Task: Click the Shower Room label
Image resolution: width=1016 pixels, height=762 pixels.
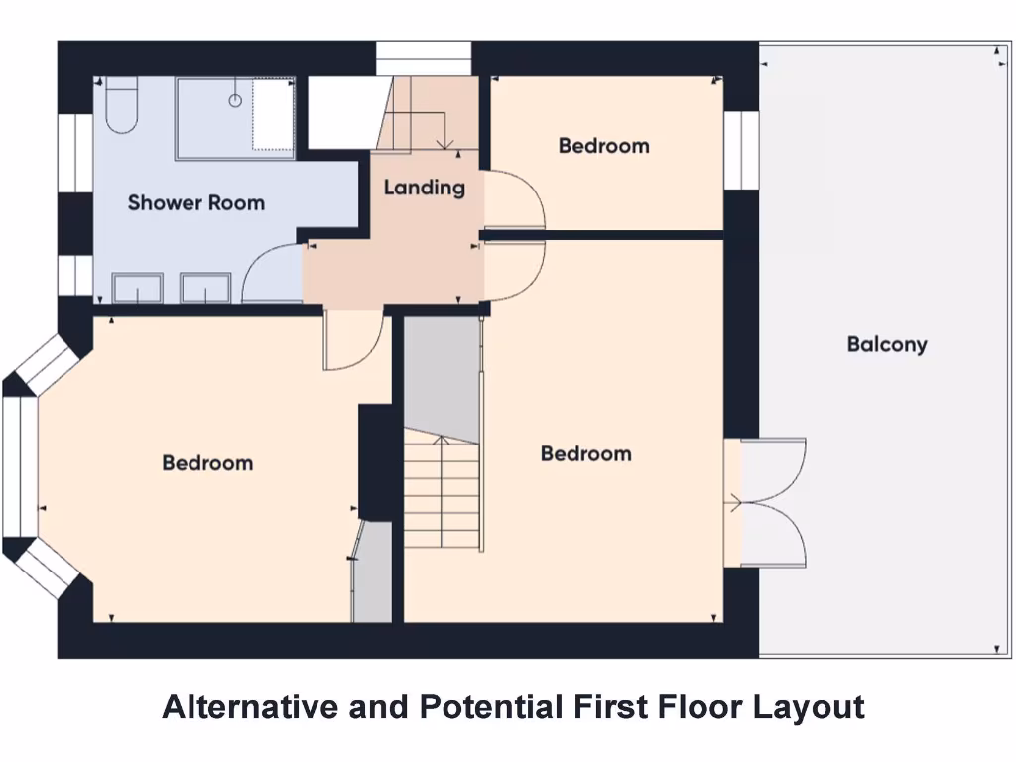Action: [195, 203]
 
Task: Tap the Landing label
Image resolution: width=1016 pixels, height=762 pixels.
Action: [424, 187]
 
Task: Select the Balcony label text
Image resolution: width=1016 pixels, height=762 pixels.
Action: [887, 345]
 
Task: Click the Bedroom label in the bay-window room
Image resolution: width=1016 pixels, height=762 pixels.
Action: [207, 463]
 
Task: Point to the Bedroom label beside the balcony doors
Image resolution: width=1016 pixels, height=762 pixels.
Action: [585, 453]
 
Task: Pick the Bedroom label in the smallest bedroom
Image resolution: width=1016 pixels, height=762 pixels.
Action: [603, 146]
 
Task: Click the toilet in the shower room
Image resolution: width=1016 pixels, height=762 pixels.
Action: [122, 108]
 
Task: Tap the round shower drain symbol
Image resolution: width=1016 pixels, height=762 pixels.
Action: [235, 100]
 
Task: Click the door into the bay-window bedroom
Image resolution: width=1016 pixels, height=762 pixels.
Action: [352, 342]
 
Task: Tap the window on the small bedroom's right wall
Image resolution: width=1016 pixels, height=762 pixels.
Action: [740, 150]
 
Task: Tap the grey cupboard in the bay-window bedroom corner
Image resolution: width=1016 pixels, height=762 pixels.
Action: [373, 575]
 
